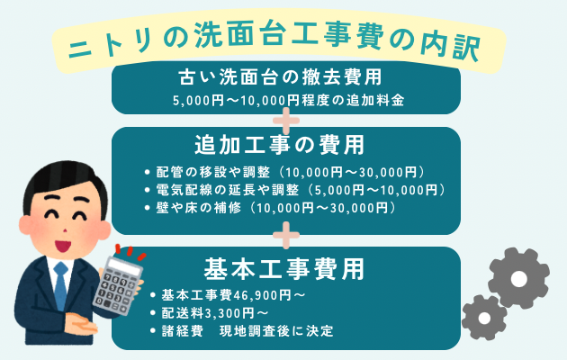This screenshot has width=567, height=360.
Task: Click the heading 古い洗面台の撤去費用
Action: click(x=280, y=77)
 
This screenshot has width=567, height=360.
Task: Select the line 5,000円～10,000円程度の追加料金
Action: click(x=288, y=100)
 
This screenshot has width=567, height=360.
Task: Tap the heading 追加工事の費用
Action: click(x=280, y=145)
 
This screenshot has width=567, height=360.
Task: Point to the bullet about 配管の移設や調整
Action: click(x=284, y=173)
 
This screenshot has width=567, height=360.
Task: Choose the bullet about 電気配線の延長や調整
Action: click(x=294, y=190)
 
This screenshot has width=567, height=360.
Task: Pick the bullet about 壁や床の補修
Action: click(x=270, y=208)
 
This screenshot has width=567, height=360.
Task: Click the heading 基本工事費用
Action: click(x=284, y=269)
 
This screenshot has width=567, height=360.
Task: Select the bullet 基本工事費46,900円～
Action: click(x=228, y=295)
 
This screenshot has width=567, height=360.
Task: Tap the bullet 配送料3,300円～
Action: click(x=210, y=313)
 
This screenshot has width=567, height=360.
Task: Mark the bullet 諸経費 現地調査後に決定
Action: click(x=241, y=331)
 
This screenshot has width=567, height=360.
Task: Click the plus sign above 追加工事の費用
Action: click(x=286, y=121)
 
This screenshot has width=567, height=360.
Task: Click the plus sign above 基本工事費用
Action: click(x=286, y=235)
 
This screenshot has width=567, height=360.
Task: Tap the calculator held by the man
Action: click(x=118, y=285)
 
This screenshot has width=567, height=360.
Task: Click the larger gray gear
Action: click(x=519, y=277)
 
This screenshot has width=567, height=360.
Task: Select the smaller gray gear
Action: click(x=484, y=318)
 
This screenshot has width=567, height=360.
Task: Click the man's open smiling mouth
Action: click(x=62, y=247)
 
